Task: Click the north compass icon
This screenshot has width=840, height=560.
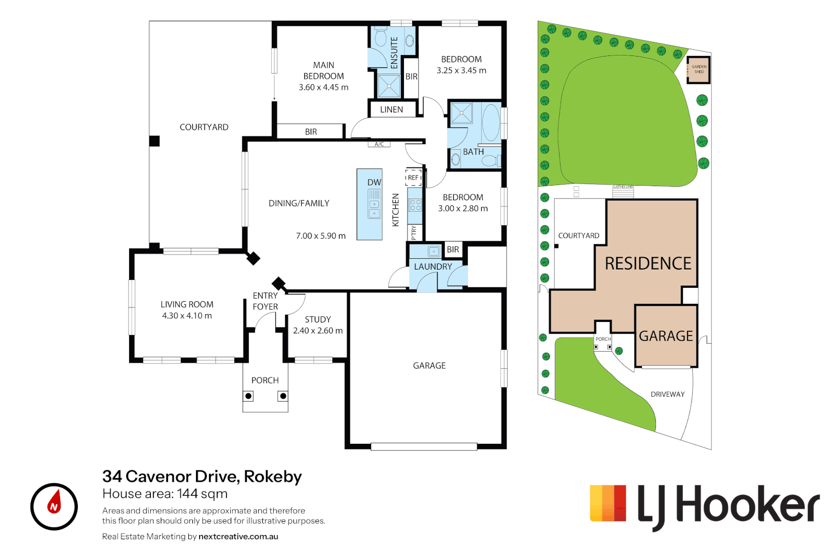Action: pos(54,507)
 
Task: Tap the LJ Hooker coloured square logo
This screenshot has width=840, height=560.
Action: pos(608,503)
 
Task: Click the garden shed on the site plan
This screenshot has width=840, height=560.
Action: pos(698,69)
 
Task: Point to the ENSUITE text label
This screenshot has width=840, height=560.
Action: pos(394,52)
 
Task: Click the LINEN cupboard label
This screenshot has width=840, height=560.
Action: pos(391,110)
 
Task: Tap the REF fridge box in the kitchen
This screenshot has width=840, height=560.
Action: pos(413,177)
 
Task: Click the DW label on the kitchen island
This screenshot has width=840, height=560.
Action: pos(374,183)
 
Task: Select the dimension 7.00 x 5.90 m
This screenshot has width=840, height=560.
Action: pos(320,236)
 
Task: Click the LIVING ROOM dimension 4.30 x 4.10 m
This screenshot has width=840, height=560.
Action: pos(187,316)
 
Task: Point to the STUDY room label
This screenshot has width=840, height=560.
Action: pos(318,319)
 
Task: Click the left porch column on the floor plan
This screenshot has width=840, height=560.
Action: pos(249,396)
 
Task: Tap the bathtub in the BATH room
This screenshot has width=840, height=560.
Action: pos(491,122)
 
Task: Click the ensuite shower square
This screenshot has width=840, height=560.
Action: pos(389,86)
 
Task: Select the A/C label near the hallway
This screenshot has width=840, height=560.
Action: pos(380,144)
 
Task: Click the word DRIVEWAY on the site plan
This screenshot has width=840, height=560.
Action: pos(667,395)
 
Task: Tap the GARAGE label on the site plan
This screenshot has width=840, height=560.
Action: pos(666,336)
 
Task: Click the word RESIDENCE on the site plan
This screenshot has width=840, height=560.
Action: pos(648,263)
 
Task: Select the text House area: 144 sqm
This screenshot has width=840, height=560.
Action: pos(165,494)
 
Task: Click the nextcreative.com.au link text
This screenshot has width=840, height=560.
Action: pos(239,537)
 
